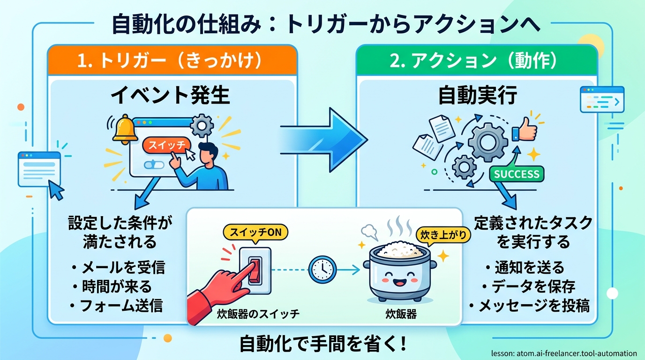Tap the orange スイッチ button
166,145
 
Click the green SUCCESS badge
517,174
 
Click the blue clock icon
322,270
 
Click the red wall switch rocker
255,270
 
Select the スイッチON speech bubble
255,232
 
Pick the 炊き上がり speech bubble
443,235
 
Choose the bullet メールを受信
119,267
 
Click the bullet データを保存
529,286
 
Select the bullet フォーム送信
117,305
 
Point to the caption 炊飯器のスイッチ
258,314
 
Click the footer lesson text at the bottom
564,353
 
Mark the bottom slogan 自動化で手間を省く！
323,343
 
